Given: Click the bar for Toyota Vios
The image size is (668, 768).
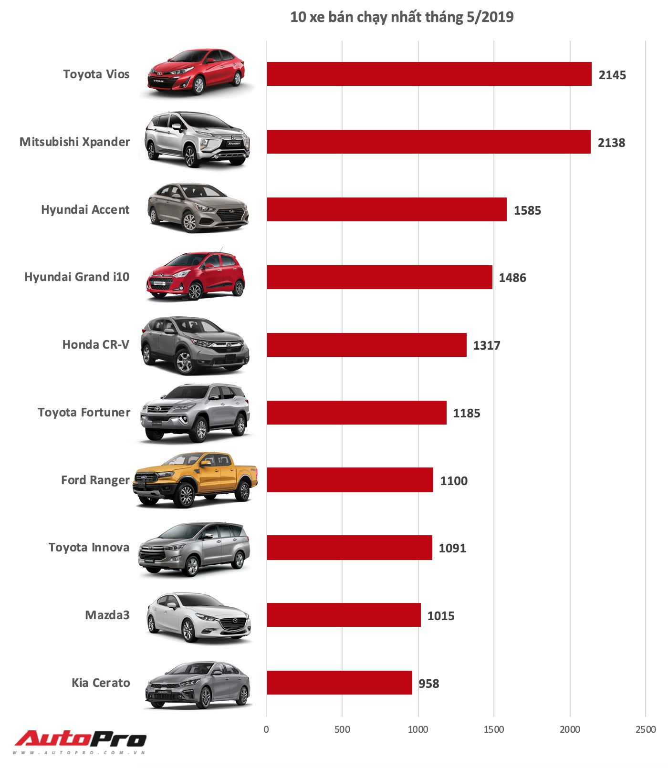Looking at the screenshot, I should [429, 74].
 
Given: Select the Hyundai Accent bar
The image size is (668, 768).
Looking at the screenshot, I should [386, 209].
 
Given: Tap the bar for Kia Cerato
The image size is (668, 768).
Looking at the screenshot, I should [339, 683].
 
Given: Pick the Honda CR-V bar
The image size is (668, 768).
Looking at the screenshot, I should [366, 345].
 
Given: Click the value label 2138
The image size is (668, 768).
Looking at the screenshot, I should [611, 143].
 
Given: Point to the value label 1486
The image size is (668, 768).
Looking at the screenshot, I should [512, 278].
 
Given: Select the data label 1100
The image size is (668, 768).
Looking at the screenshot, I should [454, 481].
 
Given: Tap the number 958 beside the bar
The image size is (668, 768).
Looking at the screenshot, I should [428, 684].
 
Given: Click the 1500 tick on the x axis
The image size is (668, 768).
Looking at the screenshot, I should [494, 729].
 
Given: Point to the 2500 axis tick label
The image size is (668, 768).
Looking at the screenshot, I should [646, 729].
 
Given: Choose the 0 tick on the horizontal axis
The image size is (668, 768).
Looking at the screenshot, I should [266, 729].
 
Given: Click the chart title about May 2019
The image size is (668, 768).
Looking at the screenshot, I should [402, 17].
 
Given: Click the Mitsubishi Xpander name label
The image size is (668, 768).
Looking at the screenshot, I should [74, 142].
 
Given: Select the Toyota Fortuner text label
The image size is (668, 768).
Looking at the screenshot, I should [84, 412].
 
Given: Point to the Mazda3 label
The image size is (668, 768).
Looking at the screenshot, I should [107, 615].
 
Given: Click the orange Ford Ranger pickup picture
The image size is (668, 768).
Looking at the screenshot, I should [196, 479].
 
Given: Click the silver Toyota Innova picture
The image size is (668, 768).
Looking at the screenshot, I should [195, 549].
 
